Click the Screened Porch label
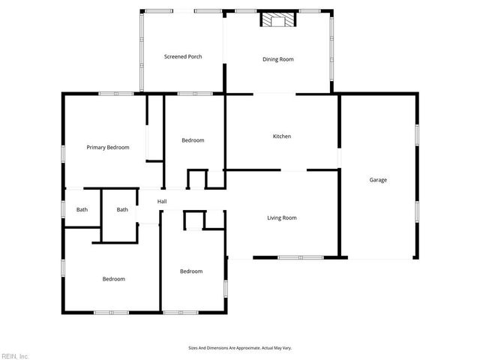pyautogui.click(x=183, y=57)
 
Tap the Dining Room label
pyautogui.click(x=277, y=59)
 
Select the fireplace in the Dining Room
pyautogui.click(x=278, y=20)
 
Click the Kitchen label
pyautogui.click(x=281, y=136)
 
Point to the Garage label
pyautogui.click(x=378, y=180)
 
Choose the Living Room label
pyautogui.click(x=282, y=218)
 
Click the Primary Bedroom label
pyautogui.click(x=107, y=148)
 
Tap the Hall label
pyautogui.click(x=162, y=202)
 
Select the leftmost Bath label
pyautogui.click(x=82, y=210)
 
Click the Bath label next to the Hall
pyautogui.click(x=122, y=210)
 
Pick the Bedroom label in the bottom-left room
pyautogui.click(x=113, y=279)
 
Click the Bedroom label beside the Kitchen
pyautogui.click(x=193, y=140)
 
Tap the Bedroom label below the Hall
pyautogui.click(x=190, y=271)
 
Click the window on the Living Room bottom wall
pyautogui.click(x=300, y=258)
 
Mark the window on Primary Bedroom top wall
pyautogui.click(x=116, y=94)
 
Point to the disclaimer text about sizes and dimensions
pyautogui.click(x=239, y=348)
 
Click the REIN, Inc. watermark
pyautogui.click(x=15, y=355)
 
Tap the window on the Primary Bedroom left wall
pyautogui.click(x=63, y=153)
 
